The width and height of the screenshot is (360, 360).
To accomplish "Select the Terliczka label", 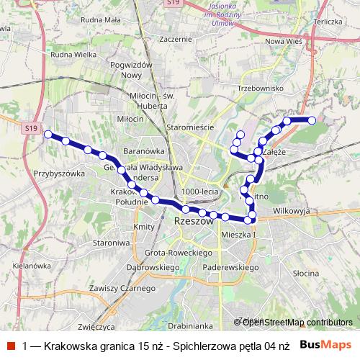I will pos(328,22).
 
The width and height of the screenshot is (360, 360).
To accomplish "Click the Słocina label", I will pos(306,274).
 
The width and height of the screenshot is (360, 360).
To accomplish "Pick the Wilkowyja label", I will pos(291,212).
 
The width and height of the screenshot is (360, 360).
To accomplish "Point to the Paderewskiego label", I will pos(232,267).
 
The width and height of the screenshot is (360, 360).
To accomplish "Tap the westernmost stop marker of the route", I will pos(48,135).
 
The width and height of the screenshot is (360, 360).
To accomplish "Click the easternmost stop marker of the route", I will pos(312,120).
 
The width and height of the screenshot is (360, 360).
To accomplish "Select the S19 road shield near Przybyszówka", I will pos(30,128).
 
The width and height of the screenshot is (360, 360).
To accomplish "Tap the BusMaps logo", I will pos(325,346).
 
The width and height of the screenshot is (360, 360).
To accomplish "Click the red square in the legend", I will pos(11,346).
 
